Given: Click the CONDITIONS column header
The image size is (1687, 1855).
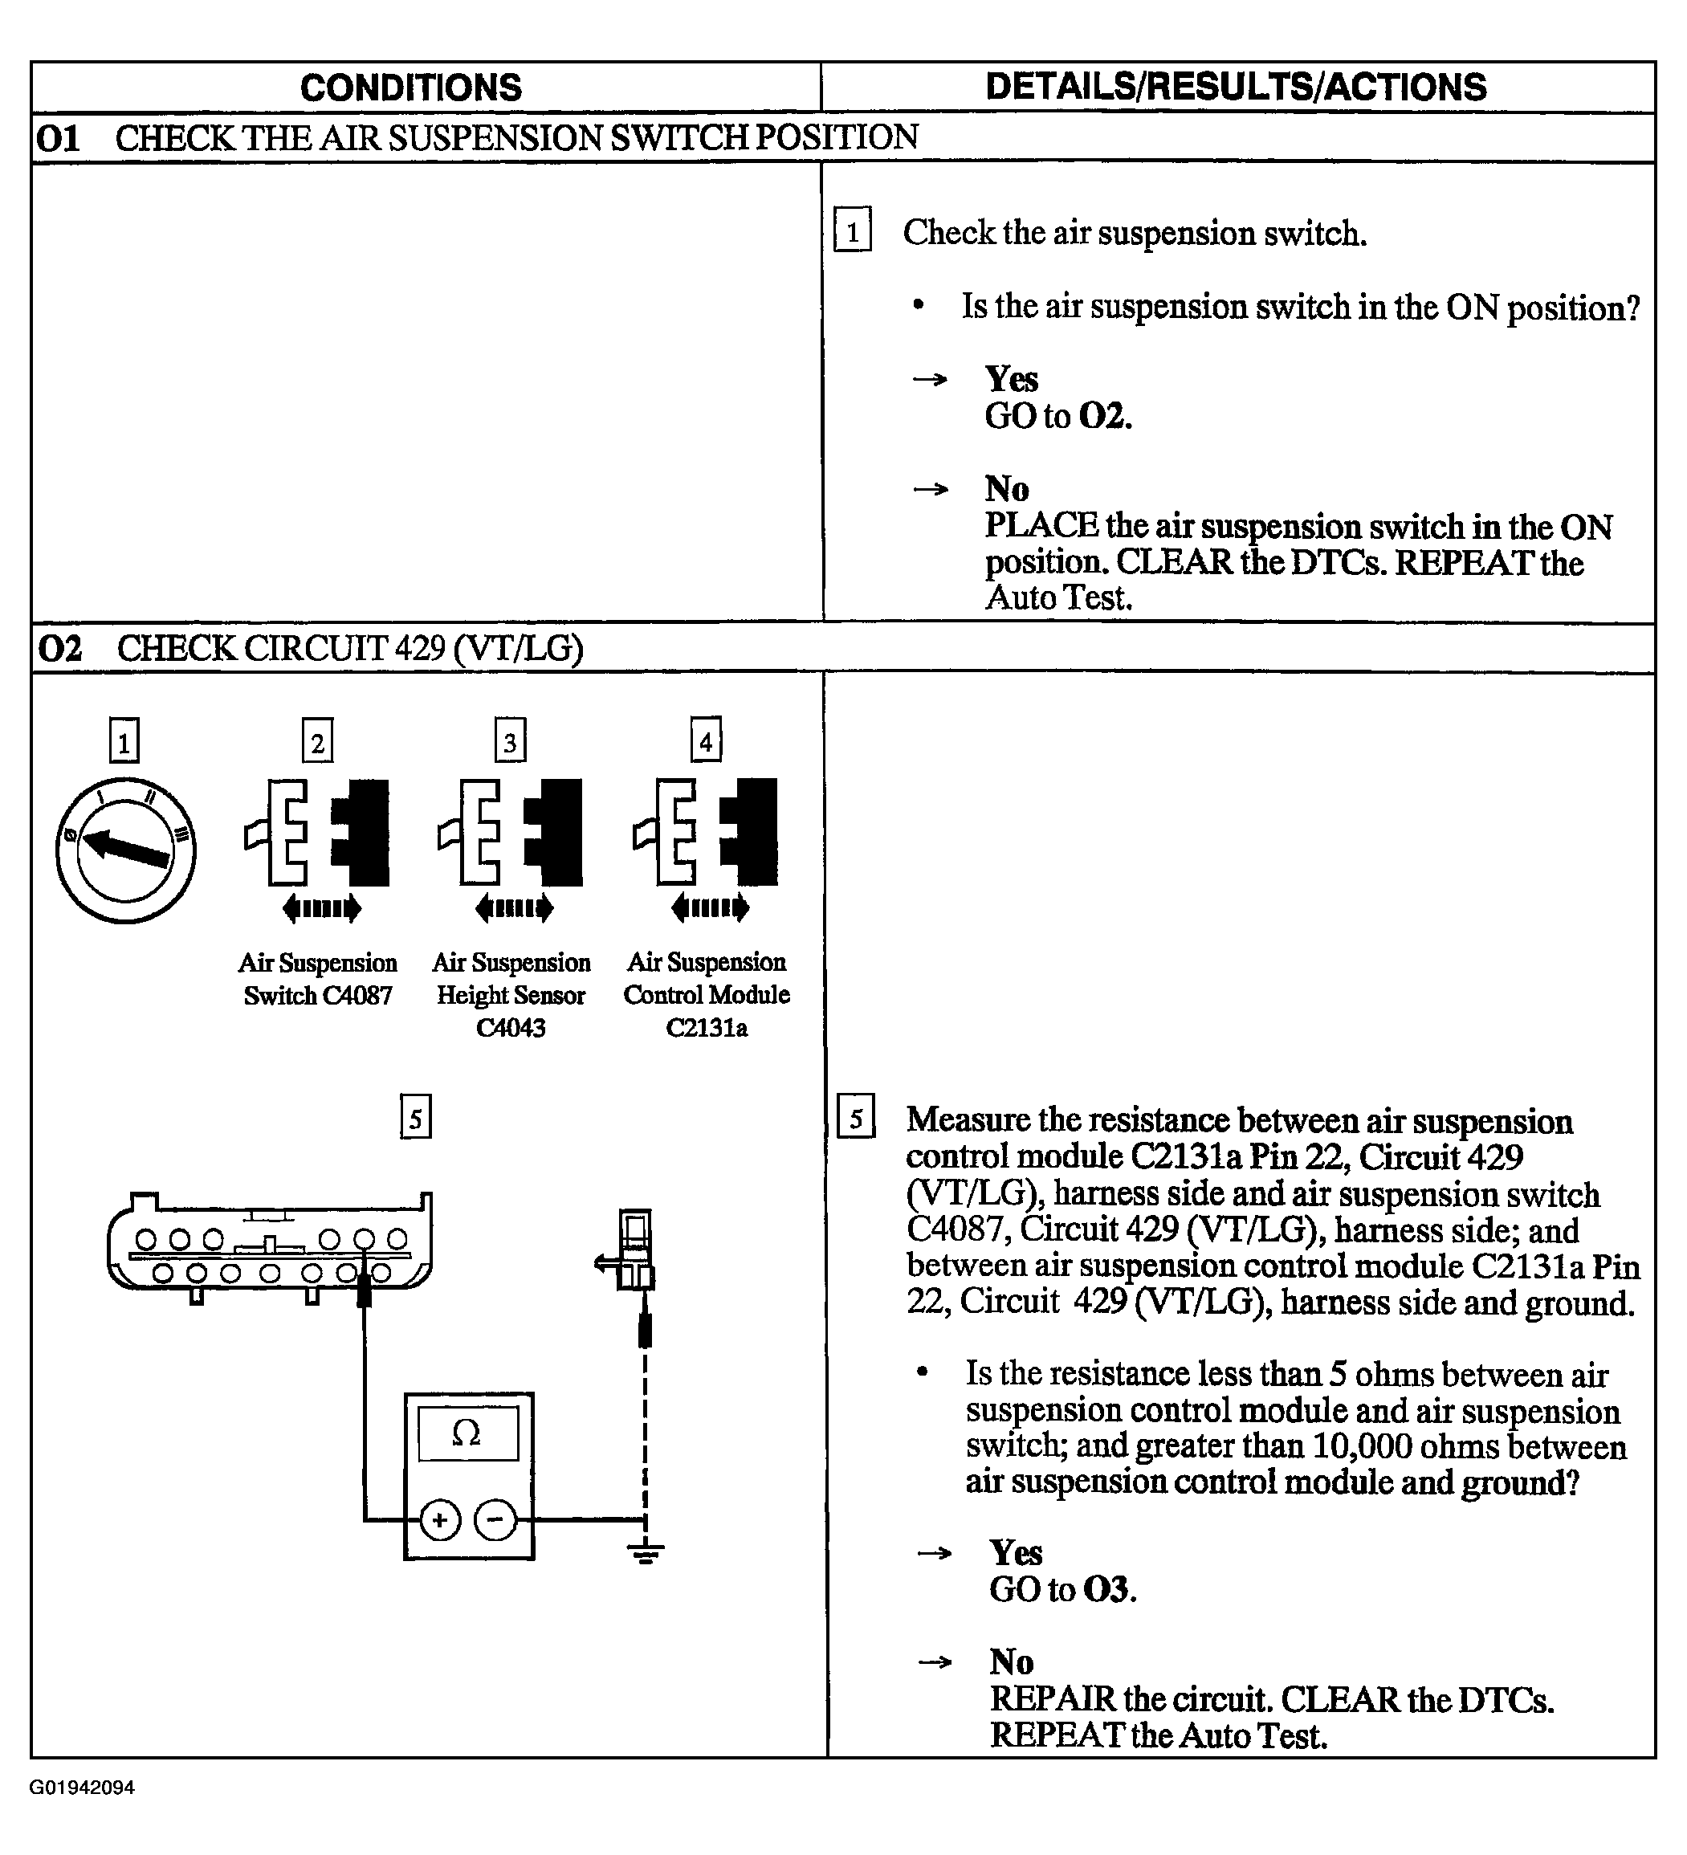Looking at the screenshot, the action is [x=410, y=88].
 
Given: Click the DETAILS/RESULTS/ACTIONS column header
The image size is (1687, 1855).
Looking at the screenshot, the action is [x=1236, y=87].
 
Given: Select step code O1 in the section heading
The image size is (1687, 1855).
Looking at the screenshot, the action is [x=58, y=139].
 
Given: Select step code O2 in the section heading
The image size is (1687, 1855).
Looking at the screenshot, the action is [x=59, y=649].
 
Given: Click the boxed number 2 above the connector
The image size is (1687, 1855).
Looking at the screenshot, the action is [x=317, y=740].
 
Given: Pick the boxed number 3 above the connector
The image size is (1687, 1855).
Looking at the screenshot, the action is [x=511, y=740].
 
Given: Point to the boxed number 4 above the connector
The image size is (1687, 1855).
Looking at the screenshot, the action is [x=706, y=739].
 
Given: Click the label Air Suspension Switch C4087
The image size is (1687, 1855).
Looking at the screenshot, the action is [x=318, y=979].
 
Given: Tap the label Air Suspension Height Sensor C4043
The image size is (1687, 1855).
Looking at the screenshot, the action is [x=511, y=995].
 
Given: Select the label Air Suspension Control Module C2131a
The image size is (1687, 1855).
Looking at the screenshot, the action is [x=707, y=995].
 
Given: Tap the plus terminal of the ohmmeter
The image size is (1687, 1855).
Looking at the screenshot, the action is [x=440, y=1520].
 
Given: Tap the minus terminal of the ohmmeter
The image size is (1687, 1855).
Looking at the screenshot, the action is [x=495, y=1520].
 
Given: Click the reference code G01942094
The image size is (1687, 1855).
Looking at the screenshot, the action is [x=83, y=1788].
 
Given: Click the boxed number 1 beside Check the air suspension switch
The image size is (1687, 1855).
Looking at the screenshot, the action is [x=853, y=230].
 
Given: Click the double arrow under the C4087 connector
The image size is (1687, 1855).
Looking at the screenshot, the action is [x=322, y=909].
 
